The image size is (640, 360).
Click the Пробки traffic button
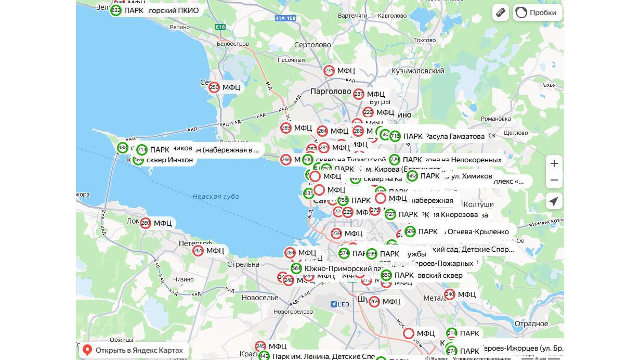tap(537, 12)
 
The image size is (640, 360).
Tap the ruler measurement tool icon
tap(501, 12)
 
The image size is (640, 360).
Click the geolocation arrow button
tap(554, 201)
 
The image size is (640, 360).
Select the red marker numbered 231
tap(329, 71)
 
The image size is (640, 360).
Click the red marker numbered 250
tap(214, 87)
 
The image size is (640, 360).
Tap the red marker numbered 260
tap(146, 223)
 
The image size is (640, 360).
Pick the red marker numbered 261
tap(198, 251)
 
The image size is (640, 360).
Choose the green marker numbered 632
tap(116, 10)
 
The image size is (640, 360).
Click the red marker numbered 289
tap(286, 128)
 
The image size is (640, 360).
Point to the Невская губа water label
tap(215, 196)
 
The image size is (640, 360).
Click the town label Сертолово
tap(312, 45)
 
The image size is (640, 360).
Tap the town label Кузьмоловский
tap(425, 71)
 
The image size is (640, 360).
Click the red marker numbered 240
tap(450, 294)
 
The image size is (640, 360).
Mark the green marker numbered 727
tap(390, 214)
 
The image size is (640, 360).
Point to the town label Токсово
tap(424, 40)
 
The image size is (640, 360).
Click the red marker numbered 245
tap(260, 346)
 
